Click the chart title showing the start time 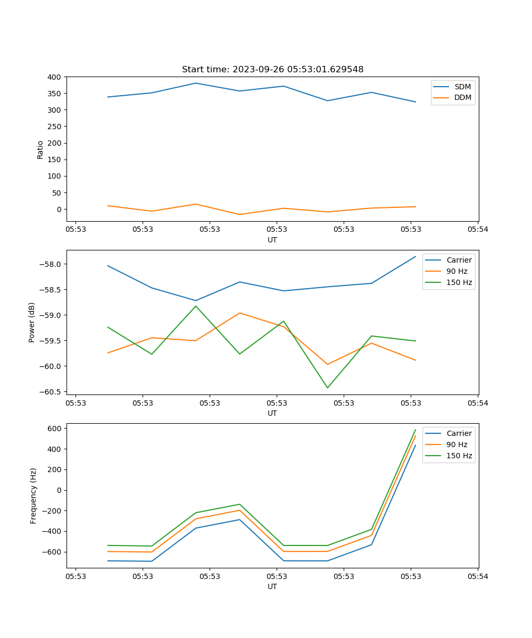coord(272,70)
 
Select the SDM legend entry coord(462,87)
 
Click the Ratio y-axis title coord(40,149)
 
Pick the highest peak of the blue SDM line coord(196,83)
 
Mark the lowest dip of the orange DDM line coord(239,214)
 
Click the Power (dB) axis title coord(32,322)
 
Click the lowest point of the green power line coord(327,388)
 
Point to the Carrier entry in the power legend coord(459,260)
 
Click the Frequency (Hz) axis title coord(33,496)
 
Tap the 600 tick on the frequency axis coord(56,429)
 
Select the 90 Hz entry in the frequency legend coord(457,444)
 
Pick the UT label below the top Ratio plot coord(272,240)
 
